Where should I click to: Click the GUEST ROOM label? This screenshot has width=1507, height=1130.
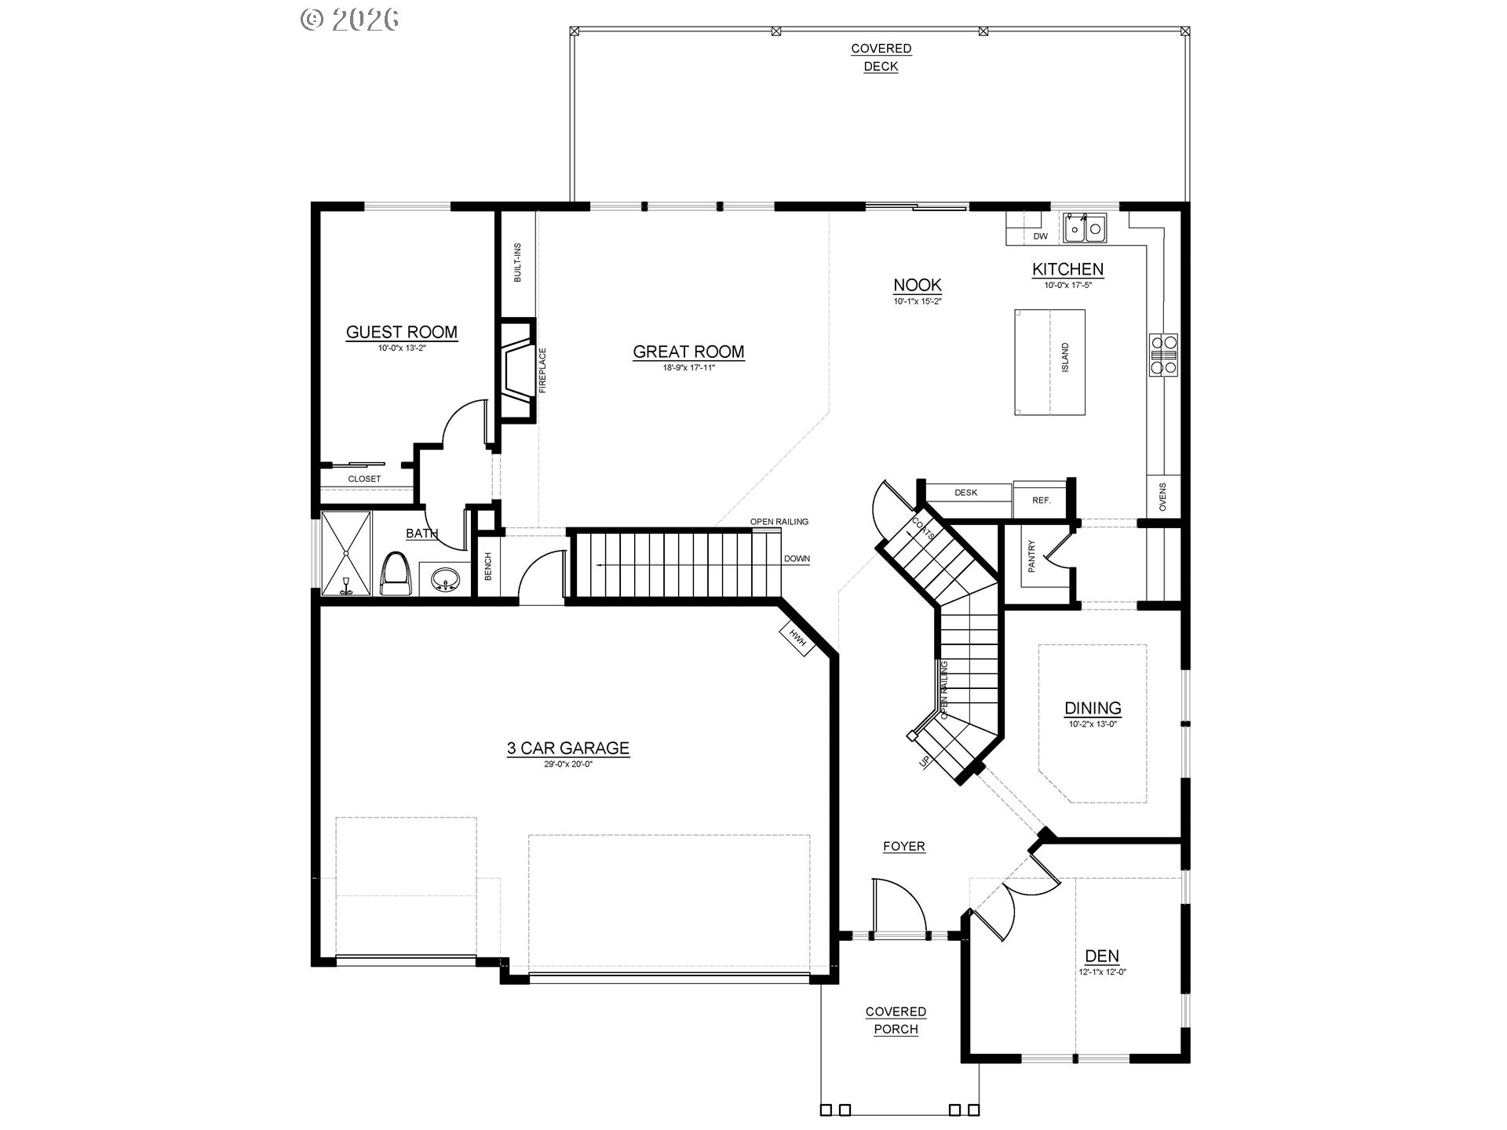pos(402,332)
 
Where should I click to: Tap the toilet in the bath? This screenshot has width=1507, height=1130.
pos(398,573)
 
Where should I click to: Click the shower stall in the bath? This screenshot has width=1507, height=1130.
pos(346,554)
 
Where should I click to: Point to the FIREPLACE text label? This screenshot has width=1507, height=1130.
pos(542,370)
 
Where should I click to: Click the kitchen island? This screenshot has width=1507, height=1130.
pos(1049,362)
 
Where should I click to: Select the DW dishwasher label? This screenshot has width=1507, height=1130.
pos(1041,236)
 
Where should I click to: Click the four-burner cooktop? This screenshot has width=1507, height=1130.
pos(1163,355)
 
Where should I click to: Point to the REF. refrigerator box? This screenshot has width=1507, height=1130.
pos(1041,501)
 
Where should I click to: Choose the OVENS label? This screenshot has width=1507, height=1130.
pos(1162,497)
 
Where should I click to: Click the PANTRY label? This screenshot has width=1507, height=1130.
pos(1032,556)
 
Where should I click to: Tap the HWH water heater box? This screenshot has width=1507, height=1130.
pos(798,638)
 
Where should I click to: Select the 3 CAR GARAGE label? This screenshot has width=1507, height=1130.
pos(568,748)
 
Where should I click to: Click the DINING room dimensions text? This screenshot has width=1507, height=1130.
pos(1093,724)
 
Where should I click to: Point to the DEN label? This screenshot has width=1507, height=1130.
pos(1102,956)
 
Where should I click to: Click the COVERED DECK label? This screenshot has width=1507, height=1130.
pos(881,57)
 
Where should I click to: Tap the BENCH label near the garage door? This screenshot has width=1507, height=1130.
pos(488,567)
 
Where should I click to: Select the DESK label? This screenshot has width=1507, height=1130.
pos(966,493)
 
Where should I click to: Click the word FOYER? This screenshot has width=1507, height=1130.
pos(904,846)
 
